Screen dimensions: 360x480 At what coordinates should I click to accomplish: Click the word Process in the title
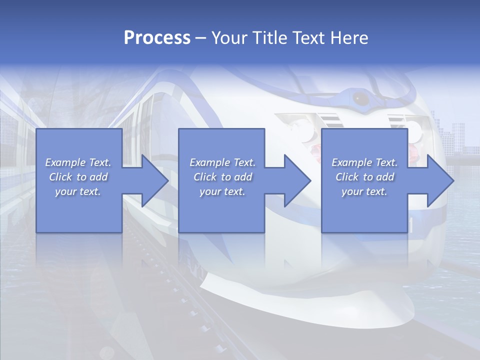tap(157, 38)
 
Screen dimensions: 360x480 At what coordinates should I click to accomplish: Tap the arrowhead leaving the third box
tap(439, 180)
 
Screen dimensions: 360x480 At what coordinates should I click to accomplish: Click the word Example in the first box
tap(65, 162)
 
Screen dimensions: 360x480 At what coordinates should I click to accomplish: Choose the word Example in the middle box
tap(210, 162)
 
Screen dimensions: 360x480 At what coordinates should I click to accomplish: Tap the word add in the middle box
tap(242, 177)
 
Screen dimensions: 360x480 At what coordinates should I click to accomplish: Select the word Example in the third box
tap(352, 162)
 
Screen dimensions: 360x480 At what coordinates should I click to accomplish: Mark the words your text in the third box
tap(364, 191)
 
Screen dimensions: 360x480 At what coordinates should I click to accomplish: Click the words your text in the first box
tap(77, 191)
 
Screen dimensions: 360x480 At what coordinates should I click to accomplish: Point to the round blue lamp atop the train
tap(360, 98)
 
